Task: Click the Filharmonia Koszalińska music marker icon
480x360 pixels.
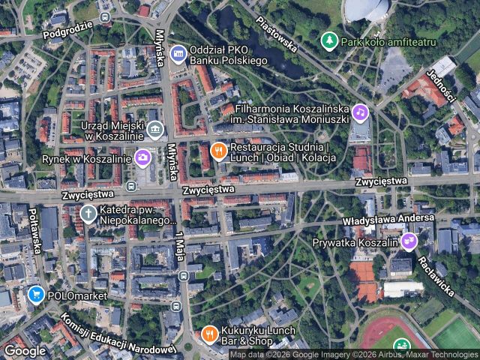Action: (x=361, y=113)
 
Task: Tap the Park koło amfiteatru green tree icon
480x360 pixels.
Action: (x=328, y=40)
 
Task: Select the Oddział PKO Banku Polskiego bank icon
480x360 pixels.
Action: (x=178, y=52)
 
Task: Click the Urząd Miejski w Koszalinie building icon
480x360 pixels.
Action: (x=154, y=131)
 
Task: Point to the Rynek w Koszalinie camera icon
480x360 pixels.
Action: (x=142, y=157)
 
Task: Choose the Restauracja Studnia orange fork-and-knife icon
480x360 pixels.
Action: (x=218, y=151)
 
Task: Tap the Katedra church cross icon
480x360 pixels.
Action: (x=88, y=214)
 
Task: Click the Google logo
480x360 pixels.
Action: (x=25, y=350)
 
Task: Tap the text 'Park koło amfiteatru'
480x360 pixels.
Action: (x=388, y=41)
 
